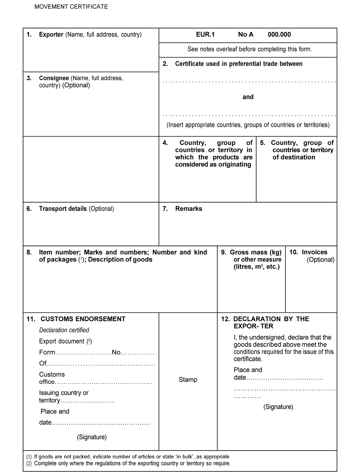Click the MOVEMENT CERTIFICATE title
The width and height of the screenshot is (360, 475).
[x=71, y=7]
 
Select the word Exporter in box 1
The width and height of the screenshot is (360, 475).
[x=51, y=34]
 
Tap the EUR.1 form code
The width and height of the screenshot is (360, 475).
[x=205, y=34]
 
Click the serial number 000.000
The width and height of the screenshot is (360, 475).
[x=279, y=34]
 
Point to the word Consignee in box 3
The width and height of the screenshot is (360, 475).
[x=54, y=78]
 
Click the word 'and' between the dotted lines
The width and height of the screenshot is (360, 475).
[x=248, y=97]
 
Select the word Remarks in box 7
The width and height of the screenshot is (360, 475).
[x=189, y=209]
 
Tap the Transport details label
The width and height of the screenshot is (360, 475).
[x=63, y=209]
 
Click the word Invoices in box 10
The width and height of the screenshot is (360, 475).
[x=315, y=252]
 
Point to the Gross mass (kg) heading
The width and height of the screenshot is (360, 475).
[x=256, y=252]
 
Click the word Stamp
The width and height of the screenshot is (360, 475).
[x=188, y=380]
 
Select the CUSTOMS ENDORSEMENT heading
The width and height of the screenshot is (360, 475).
[x=83, y=319]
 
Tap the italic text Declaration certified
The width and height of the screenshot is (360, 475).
[x=64, y=330]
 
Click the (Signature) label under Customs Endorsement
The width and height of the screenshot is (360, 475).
[x=92, y=437]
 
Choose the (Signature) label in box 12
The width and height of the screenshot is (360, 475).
[x=278, y=407]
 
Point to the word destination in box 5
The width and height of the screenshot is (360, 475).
[x=298, y=157]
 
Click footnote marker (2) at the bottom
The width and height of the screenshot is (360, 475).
[x=29, y=463]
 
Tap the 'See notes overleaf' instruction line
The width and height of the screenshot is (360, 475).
[x=250, y=49]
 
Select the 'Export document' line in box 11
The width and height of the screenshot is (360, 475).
[x=62, y=341]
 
